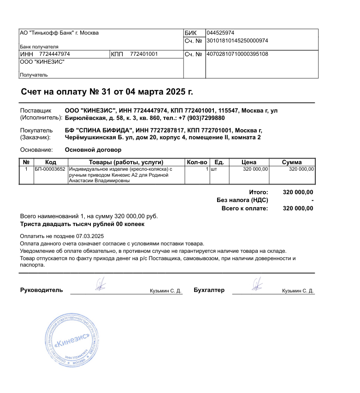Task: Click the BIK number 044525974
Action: click(221, 33)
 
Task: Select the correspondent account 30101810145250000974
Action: click(237, 41)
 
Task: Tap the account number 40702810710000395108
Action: click(237, 54)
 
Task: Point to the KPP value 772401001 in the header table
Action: click(144, 54)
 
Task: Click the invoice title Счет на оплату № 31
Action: click(107, 91)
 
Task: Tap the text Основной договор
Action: click(93, 150)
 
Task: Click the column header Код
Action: click(51, 162)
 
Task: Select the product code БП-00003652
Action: click(50, 169)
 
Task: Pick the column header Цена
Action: click(249, 162)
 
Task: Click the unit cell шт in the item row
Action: click(214, 169)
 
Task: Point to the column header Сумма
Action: click(292, 162)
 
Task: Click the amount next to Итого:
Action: click(298, 192)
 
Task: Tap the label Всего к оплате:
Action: click(244, 208)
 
